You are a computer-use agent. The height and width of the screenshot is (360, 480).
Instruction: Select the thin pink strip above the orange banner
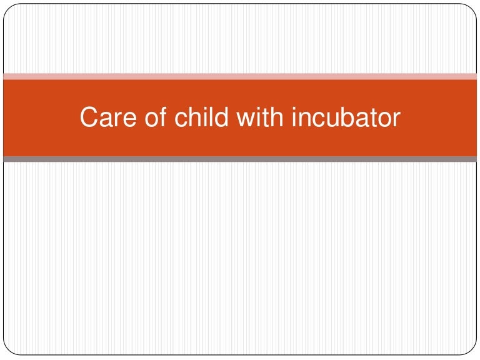point(240,76)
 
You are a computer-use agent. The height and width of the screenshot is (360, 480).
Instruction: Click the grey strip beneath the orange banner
point(240,159)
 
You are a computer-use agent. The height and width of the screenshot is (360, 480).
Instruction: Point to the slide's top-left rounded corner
point(7,7)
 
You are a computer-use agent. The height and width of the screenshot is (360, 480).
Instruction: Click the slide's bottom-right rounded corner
point(472,351)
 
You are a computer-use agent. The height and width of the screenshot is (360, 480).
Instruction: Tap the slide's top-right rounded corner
point(472,7)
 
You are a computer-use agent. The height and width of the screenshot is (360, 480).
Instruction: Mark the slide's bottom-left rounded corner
point(7,351)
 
